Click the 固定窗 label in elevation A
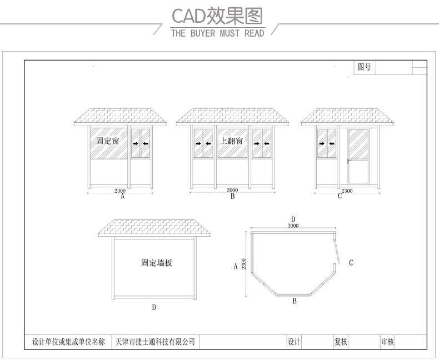(108, 141)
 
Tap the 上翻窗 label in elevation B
(232, 141)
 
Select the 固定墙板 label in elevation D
(157, 263)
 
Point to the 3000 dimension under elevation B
(232, 190)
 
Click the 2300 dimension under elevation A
(120, 191)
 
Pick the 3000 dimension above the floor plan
(293, 226)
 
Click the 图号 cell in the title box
(365, 67)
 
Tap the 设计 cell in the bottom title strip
(294, 342)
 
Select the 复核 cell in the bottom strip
(341, 342)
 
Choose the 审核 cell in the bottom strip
(387, 342)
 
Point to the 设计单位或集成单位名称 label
(68, 342)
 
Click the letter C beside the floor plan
(351, 263)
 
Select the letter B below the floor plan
(294, 301)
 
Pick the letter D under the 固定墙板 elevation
(154, 307)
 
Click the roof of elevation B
(232, 117)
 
